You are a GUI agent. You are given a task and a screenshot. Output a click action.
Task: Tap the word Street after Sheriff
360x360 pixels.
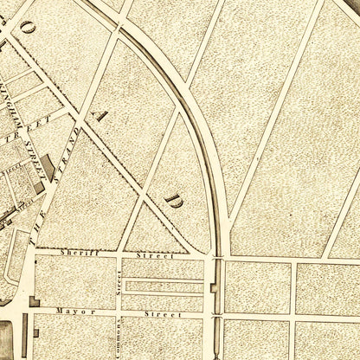pos(159,257)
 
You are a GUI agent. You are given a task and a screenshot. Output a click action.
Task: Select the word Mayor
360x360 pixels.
pos(68,307)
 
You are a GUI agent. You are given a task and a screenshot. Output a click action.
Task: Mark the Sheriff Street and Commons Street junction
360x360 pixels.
pos(119,257)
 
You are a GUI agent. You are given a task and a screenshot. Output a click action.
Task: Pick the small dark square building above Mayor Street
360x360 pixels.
pos(35,300)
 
